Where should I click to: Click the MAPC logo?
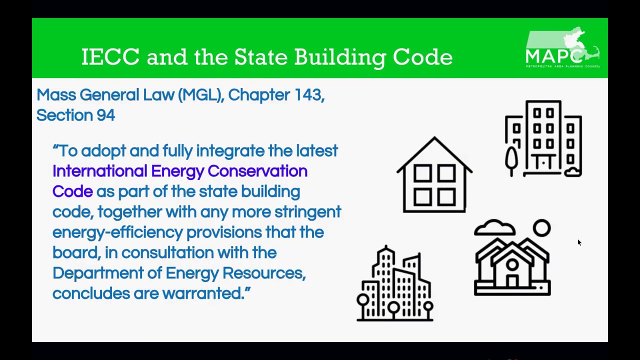coord(562,49)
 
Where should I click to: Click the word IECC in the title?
coord(110,57)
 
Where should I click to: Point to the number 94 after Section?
coord(105,115)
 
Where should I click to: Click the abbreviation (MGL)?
coord(200,94)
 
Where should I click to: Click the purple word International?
coord(99,171)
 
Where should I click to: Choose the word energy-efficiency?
coord(117,232)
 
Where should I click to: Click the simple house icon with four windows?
coord(434,175)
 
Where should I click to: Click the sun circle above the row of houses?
coord(541,228)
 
